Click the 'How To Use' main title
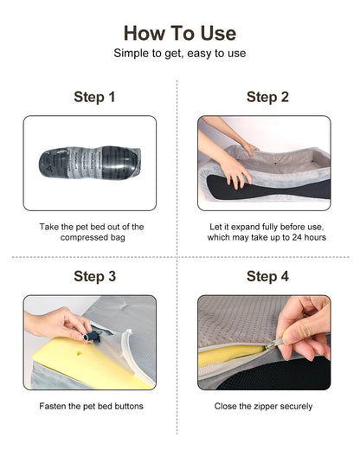(180, 33)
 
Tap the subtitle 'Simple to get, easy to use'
(180, 54)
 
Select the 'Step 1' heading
(94, 97)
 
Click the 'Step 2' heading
(267, 97)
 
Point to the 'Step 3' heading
(94, 276)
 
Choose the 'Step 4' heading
(267, 276)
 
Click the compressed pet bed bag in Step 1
(90, 162)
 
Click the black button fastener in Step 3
(92, 337)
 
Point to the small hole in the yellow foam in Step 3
(79, 352)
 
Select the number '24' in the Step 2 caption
(297, 237)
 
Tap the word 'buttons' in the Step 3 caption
(129, 406)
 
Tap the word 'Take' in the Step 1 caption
(48, 227)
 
